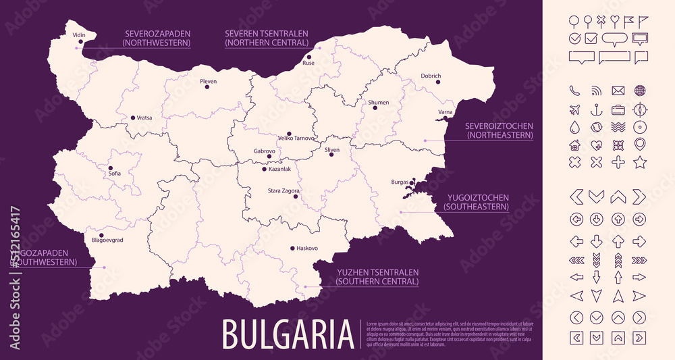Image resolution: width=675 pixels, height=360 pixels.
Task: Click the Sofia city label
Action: (114, 174)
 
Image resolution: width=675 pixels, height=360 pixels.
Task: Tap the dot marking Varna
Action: (445, 120)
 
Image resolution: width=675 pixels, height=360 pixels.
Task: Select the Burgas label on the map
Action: (400, 182)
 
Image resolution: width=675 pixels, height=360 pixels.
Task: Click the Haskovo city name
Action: (307, 249)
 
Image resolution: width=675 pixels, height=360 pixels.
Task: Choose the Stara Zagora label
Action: (279, 190)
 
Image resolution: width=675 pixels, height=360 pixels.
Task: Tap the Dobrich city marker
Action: (438, 82)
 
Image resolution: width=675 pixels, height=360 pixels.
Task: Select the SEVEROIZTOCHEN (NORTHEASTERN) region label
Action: (499, 131)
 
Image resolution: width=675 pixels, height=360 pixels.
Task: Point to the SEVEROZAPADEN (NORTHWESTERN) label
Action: (157, 38)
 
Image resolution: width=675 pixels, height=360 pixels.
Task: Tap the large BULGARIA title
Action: (288, 334)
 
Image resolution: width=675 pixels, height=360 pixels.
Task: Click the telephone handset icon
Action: (575, 91)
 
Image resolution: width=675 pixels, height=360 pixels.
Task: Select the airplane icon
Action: (575, 109)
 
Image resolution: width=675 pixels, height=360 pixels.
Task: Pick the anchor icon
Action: (596, 109)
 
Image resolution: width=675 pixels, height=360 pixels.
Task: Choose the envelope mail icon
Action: (618, 91)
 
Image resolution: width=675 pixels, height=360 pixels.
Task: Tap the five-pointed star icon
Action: (640, 162)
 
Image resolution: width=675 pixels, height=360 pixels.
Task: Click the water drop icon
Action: (575, 127)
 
